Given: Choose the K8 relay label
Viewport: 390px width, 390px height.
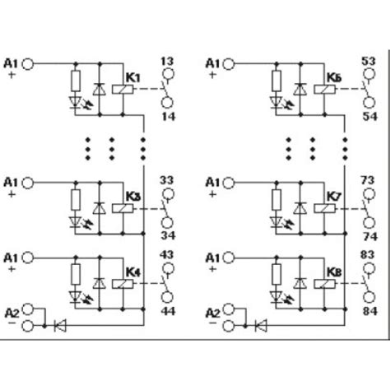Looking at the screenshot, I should click(333, 268).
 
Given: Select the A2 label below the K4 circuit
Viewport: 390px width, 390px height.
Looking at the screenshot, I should click(12, 313).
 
